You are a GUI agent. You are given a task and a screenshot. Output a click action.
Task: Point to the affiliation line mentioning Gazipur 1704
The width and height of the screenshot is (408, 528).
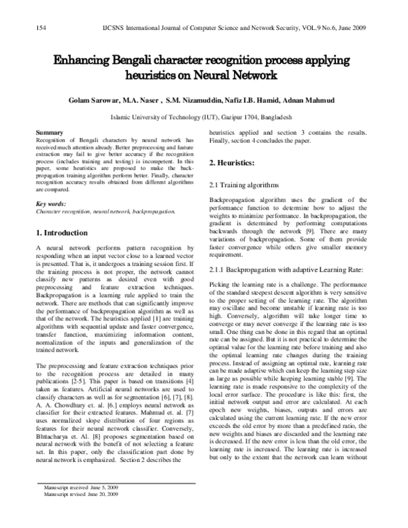click(204, 117)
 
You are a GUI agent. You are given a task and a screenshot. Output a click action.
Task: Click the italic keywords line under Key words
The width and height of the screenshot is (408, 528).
click(105, 212)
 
